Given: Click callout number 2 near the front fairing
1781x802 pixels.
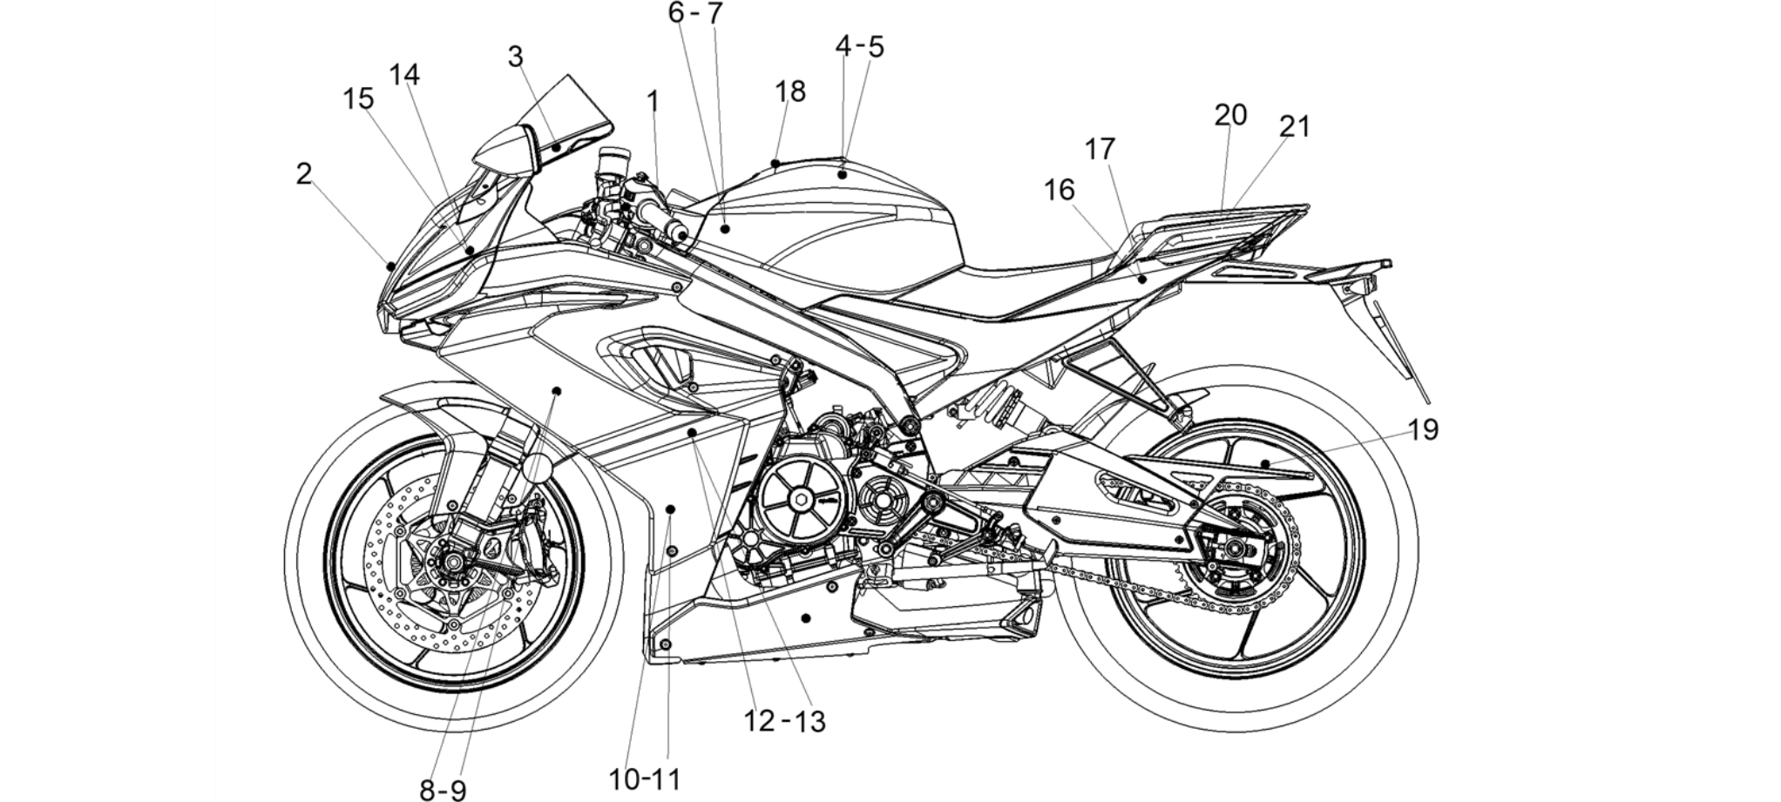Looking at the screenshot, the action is pos(303,174).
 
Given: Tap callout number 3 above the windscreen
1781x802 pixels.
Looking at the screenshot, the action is pos(516,57).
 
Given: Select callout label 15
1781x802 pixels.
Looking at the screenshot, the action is pos(358,98).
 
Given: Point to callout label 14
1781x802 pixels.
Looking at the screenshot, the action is pos(404,75).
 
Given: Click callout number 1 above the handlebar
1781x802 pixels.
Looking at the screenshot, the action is pos(653,103).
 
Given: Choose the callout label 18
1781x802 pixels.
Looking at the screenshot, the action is pos(790,91).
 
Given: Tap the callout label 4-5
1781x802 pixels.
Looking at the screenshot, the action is pos(859,47).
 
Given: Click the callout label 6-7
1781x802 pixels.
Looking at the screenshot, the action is pos(695,13).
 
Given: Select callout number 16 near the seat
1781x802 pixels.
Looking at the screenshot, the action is pos(1060,190).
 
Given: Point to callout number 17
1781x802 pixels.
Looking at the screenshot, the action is pos(1100,150).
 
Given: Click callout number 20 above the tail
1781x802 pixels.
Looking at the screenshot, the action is pos(1230,115).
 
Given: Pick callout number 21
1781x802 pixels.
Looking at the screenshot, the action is pos(1295,127).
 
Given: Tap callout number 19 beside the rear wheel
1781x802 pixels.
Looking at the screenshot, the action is pos(1423,429).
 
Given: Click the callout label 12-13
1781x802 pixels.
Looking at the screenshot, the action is pos(784,721).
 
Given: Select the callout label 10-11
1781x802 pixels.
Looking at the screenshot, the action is pos(645,779).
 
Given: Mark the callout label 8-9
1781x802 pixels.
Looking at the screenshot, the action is pos(443,790).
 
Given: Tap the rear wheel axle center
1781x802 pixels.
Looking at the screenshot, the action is pos(1233,548).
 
